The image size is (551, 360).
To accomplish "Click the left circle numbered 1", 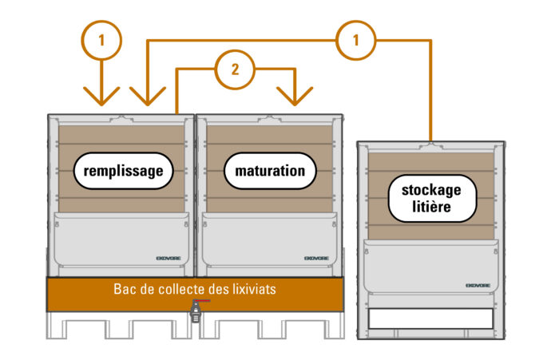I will (x=101, y=39).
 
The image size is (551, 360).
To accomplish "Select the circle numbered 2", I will (x=235, y=69).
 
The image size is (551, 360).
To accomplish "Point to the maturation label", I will (x=270, y=171).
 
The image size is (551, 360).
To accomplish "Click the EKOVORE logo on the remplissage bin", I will (x=169, y=258).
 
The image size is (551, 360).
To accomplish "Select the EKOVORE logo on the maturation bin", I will (x=316, y=258).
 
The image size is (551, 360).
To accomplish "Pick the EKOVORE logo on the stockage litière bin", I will (x=478, y=285).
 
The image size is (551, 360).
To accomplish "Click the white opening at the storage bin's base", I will (x=430, y=318).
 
